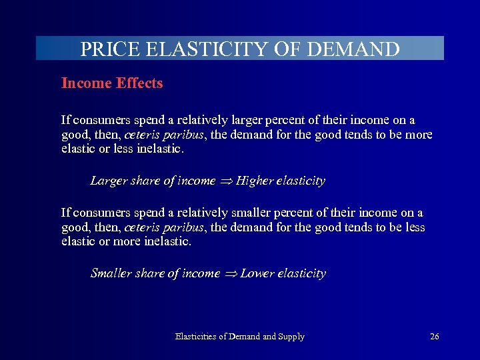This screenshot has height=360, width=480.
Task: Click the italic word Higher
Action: pyautogui.click(x=255, y=181)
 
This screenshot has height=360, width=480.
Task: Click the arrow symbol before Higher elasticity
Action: pyautogui.click(x=227, y=181)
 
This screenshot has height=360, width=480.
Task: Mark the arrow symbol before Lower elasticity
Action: pyautogui.click(x=231, y=274)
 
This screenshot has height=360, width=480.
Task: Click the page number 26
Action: pyautogui.click(x=434, y=337)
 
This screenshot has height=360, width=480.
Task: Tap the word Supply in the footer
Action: pyautogui.click(x=291, y=337)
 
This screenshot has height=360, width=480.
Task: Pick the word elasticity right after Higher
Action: pyautogui.click(x=300, y=181)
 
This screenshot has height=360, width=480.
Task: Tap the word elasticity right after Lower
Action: pyautogui.click(x=301, y=273)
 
